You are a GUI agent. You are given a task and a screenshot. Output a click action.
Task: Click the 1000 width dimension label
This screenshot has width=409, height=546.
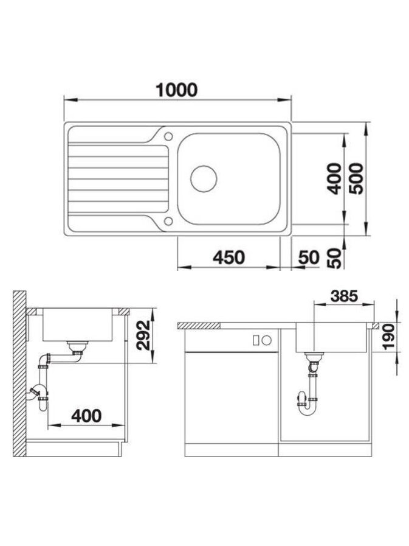(176, 90)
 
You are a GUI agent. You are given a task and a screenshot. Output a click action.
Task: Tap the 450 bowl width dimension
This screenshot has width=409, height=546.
(229, 257)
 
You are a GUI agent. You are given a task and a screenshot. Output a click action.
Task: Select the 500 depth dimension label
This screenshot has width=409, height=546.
(356, 178)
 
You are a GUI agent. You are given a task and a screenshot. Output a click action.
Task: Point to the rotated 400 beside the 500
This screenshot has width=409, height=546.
(335, 178)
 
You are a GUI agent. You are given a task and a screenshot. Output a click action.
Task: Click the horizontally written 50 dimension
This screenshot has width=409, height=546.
(309, 257)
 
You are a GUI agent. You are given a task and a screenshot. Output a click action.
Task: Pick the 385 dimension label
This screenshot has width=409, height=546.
(344, 296)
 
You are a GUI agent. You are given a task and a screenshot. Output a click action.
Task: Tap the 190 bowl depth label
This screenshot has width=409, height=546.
(388, 336)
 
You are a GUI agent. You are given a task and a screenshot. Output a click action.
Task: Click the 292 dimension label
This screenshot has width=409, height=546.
(143, 335)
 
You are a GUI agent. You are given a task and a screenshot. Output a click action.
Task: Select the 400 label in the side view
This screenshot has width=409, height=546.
(86, 416)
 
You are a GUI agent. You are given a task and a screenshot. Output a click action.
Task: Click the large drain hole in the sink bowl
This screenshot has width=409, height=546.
(204, 178)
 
